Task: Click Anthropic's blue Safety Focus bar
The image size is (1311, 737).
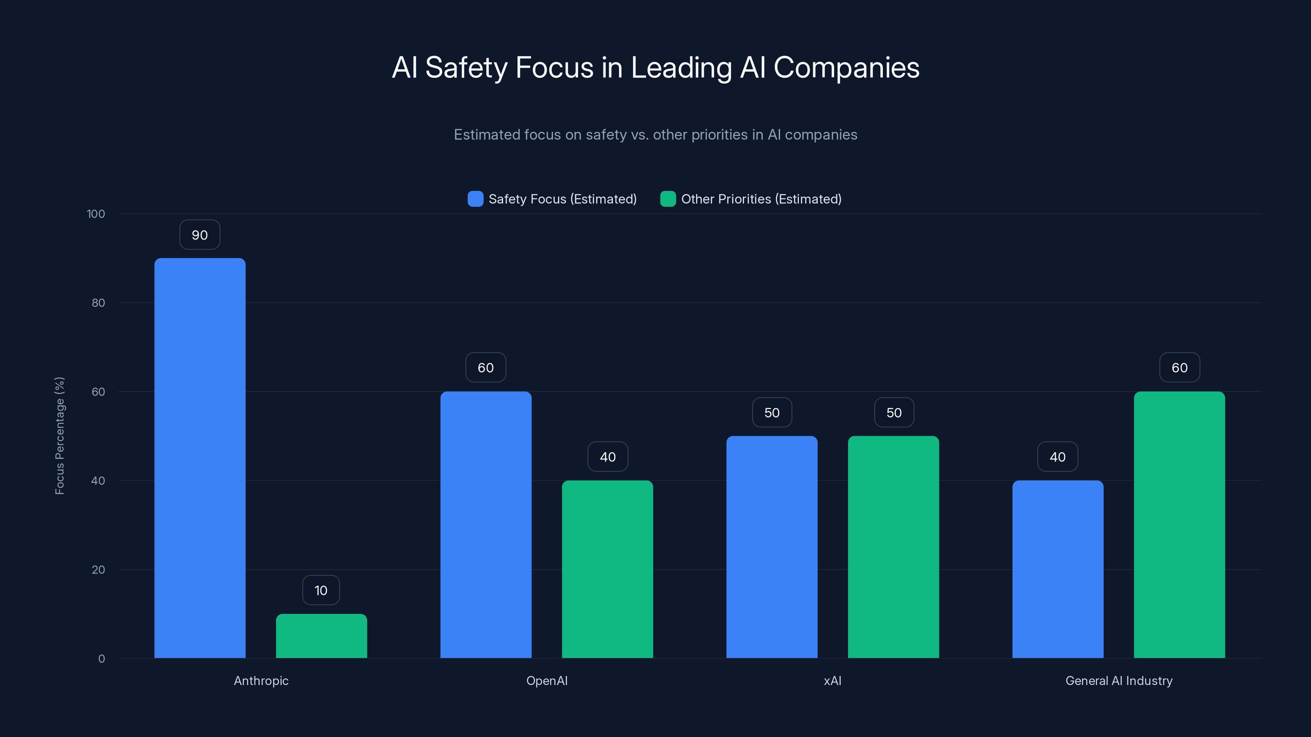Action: point(200,458)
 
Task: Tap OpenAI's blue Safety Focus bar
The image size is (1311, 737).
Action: point(485,524)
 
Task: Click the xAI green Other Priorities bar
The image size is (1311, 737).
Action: point(893,547)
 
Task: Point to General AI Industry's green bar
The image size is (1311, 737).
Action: point(1179,524)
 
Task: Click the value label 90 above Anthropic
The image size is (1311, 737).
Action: point(200,235)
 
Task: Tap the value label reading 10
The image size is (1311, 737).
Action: point(321,590)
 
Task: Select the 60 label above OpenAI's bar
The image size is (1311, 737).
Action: point(485,367)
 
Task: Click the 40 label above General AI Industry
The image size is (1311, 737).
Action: point(1057,457)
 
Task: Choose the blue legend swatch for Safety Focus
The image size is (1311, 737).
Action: point(475,199)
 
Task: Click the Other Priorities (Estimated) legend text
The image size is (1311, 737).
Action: point(761,199)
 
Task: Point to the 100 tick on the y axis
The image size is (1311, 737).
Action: point(96,214)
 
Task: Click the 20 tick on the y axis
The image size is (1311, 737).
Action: point(98,570)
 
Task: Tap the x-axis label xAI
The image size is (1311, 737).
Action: point(832,680)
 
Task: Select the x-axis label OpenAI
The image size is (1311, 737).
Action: point(547,680)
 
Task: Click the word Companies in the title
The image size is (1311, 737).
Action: point(846,68)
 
